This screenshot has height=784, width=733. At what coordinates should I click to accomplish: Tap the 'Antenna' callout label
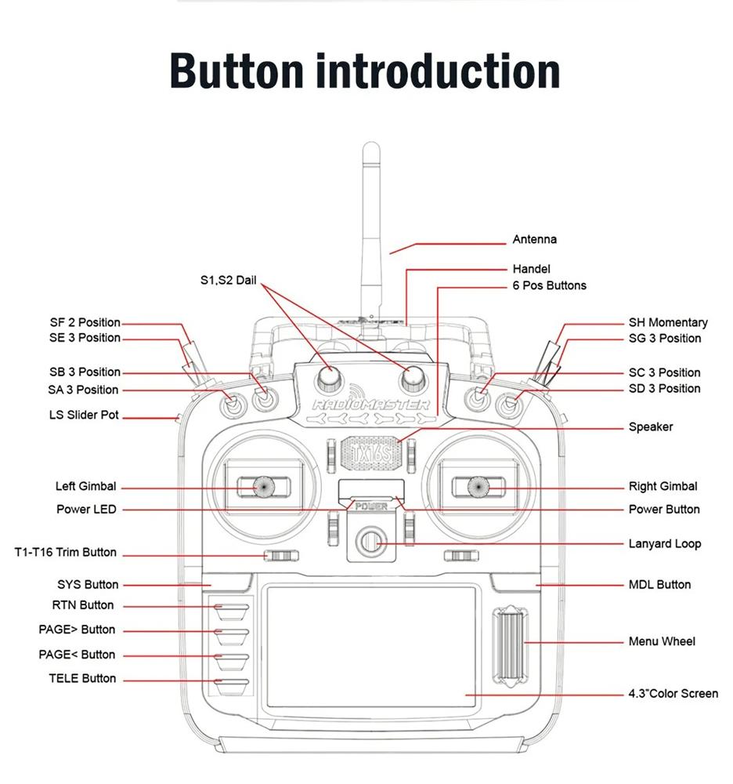point(534,239)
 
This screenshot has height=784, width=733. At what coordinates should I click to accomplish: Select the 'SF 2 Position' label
point(85,322)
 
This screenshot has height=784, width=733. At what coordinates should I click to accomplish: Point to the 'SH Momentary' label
point(667,322)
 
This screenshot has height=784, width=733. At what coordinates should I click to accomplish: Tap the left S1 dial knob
point(329,378)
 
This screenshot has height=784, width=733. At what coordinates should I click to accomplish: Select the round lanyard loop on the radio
point(370,542)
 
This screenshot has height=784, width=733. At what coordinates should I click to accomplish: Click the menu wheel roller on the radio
point(510,642)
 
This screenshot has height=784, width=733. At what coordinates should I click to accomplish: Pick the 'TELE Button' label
point(82,678)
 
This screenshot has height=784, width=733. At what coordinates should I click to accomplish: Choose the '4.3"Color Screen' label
point(673,693)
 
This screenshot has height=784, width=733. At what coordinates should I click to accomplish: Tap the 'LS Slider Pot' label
point(83,415)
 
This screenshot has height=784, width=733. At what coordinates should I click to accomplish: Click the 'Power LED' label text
point(86,509)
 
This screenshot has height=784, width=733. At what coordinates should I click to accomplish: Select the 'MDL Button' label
point(659,584)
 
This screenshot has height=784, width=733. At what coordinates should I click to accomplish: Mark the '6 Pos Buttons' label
point(549,285)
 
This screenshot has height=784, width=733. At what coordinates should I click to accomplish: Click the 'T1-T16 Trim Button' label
point(65,552)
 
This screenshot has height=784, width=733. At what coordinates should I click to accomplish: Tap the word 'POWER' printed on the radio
point(371,506)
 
